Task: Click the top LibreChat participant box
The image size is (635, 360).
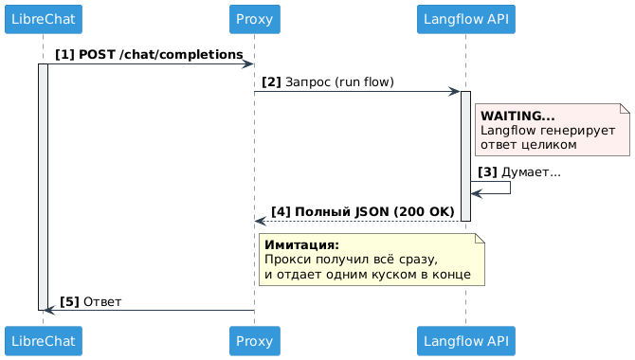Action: coord(43,19)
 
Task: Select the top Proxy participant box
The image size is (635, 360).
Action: coord(254,19)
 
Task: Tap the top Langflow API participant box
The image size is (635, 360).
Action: coord(465,19)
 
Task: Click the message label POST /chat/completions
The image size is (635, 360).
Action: coord(160,56)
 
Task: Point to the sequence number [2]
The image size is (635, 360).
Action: coord(272,83)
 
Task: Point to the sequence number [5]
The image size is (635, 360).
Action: coord(69,301)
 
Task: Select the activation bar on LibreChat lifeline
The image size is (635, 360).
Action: coord(43,189)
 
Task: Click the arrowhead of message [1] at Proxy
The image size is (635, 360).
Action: coord(248,64)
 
